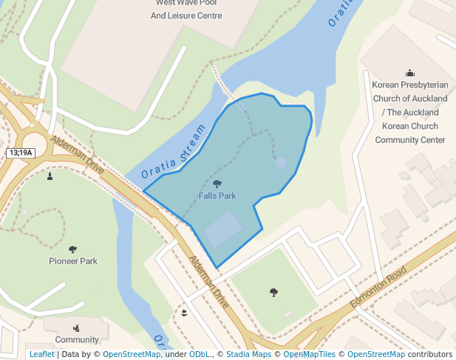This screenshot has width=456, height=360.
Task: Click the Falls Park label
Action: pyautogui.click(x=217, y=196)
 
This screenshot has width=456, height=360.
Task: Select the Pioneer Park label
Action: pyautogui.click(x=73, y=261)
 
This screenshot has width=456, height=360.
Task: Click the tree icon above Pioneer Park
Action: pyautogui.click(x=72, y=250)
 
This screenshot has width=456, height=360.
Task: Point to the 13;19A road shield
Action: pyautogui.click(x=21, y=153)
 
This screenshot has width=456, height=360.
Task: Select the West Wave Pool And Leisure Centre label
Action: pyautogui.click(x=186, y=10)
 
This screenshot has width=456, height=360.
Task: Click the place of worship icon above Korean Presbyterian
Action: pyautogui.click(x=410, y=73)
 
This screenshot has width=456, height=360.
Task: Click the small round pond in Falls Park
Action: pyautogui.click(x=281, y=162)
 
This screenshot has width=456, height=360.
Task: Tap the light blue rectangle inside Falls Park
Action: pyautogui.click(x=223, y=229)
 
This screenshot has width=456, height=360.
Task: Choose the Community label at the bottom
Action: pyautogui.click(x=77, y=340)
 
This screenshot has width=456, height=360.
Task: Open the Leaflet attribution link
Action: pyautogui.click(x=42, y=355)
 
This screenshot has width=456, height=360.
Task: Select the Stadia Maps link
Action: pyautogui.click(x=248, y=355)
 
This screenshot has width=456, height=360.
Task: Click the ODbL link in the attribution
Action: pyautogui.click(x=200, y=355)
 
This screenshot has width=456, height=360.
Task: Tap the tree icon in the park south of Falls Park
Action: pyautogui.click(x=273, y=293)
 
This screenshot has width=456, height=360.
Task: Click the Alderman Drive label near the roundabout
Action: pyautogui.click(x=78, y=156)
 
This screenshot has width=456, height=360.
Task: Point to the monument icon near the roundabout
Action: pyautogui.click(x=50, y=176)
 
